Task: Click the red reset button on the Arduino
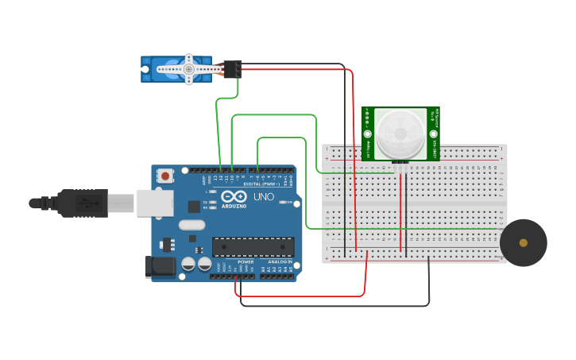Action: coord(164,176)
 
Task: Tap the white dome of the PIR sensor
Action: coord(400,133)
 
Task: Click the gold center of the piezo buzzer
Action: coord(523,242)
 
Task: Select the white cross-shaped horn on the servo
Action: coord(189,69)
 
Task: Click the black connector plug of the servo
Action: coord(232,69)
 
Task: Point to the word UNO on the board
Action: coord(263,196)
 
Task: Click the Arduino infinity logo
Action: coord(234,196)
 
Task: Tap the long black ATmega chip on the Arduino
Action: coord(253,247)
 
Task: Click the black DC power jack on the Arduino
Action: coord(159,267)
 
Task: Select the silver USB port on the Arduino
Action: coord(154,203)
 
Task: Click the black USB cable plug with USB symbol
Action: coord(81,203)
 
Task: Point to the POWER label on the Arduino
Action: coord(245,261)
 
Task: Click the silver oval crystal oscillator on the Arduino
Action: coord(191,225)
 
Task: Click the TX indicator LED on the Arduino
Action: coord(211,202)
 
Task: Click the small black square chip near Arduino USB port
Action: coord(194,207)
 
